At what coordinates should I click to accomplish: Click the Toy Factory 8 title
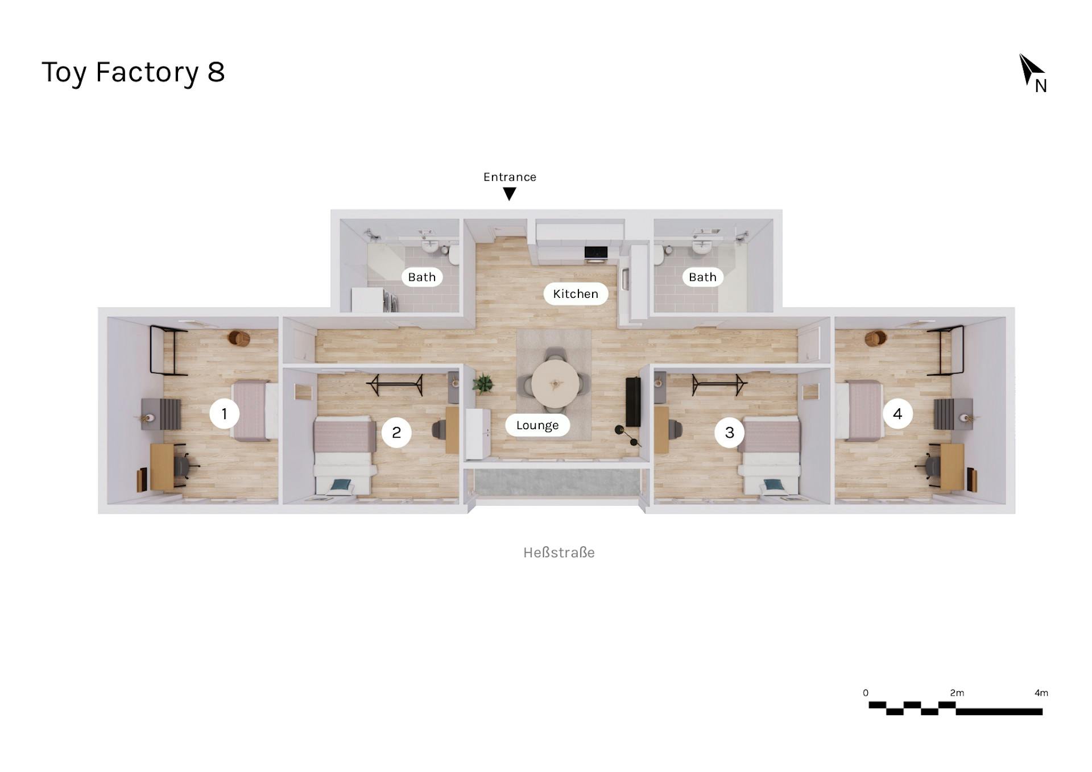[133, 72]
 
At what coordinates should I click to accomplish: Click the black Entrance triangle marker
[510, 194]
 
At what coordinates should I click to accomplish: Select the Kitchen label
[576, 294]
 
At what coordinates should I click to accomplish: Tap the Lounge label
[537, 425]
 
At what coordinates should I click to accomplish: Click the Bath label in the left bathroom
[421, 277]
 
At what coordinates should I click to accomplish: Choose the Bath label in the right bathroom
[702, 277]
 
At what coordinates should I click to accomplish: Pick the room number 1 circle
[224, 414]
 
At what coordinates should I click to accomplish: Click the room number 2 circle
[396, 433]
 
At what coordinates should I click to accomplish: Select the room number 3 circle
[729, 433]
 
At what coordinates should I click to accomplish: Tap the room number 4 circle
[897, 414]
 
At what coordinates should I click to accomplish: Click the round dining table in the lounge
[555, 383]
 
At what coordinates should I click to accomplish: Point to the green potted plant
[483, 383]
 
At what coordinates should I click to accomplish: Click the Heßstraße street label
[559, 553]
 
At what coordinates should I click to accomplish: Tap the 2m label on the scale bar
[957, 693]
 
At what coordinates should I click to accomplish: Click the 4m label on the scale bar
[1041, 693]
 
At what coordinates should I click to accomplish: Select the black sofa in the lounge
[633, 401]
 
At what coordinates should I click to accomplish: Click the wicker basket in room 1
[239, 338]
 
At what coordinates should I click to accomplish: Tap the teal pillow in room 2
[341, 484]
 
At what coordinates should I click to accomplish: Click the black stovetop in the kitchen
[595, 252]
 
